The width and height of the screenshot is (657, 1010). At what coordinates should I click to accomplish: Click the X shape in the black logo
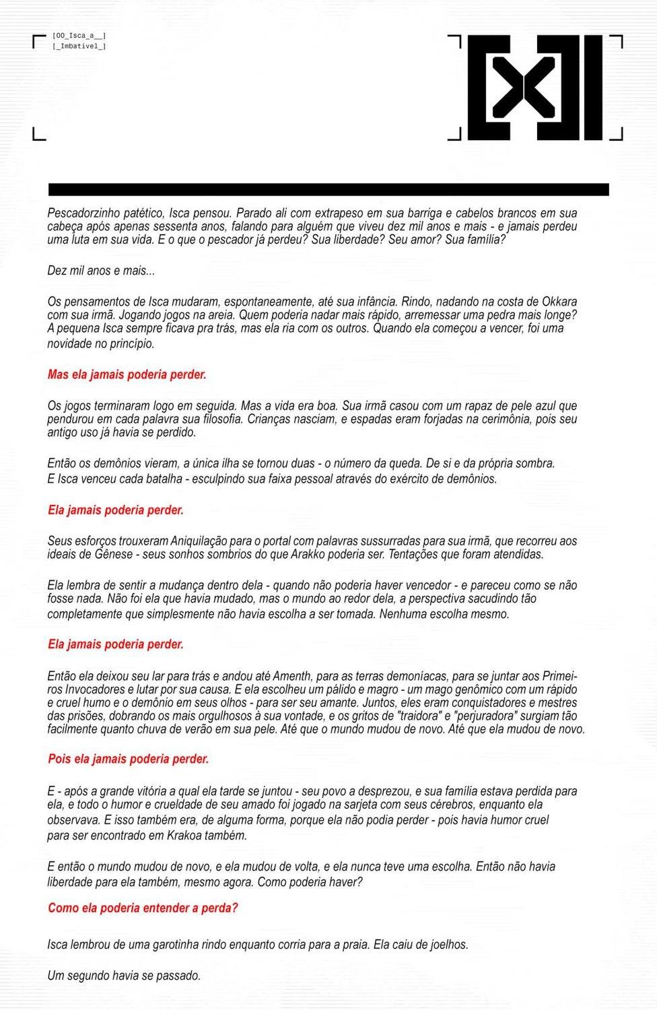pyautogui.click(x=524, y=87)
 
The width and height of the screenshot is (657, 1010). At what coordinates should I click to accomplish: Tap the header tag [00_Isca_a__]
pyautogui.click(x=79, y=36)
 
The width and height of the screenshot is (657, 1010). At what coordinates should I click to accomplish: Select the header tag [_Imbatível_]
pyautogui.click(x=79, y=46)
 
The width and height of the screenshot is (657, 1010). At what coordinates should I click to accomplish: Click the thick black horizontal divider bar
pyautogui.click(x=328, y=189)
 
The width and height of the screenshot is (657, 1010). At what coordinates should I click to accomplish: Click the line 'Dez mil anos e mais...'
pyautogui.click(x=101, y=271)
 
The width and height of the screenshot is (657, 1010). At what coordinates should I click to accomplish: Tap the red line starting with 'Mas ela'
pyautogui.click(x=127, y=374)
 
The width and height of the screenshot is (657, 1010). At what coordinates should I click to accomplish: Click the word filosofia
pyautogui.click(x=212, y=419)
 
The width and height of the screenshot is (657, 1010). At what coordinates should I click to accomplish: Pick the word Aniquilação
pyautogui.click(x=201, y=541)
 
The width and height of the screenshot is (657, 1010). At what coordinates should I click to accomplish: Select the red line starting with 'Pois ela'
pyautogui.click(x=128, y=759)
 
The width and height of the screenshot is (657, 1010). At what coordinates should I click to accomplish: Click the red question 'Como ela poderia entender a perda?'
pyautogui.click(x=143, y=908)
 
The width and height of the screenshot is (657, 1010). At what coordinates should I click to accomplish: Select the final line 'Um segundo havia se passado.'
pyautogui.click(x=124, y=975)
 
